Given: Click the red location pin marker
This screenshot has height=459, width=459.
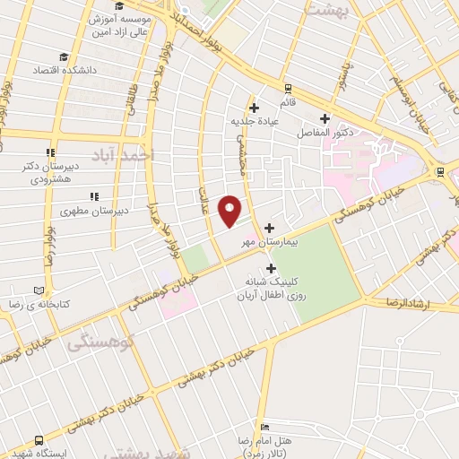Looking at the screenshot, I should pyautogui.click(x=230, y=211).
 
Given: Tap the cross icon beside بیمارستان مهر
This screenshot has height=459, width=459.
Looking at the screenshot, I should pyautogui.click(x=269, y=229).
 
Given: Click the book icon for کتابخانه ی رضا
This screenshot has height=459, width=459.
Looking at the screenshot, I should pyautogui.click(x=38, y=290).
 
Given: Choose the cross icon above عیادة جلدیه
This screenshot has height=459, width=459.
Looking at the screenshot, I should pyautogui.click(x=255, y=107).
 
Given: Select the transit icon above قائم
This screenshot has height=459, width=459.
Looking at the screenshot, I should pyautogui.click(x=287, y=89).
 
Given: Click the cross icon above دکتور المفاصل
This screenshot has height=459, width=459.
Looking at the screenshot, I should pyautogui.click(x=325, y=118).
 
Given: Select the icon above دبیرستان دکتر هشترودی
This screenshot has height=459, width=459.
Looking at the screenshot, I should pyautogui.click(x=50, y=152).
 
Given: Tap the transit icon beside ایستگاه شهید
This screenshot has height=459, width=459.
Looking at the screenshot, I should pyautogui.click(x=39, y=440).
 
